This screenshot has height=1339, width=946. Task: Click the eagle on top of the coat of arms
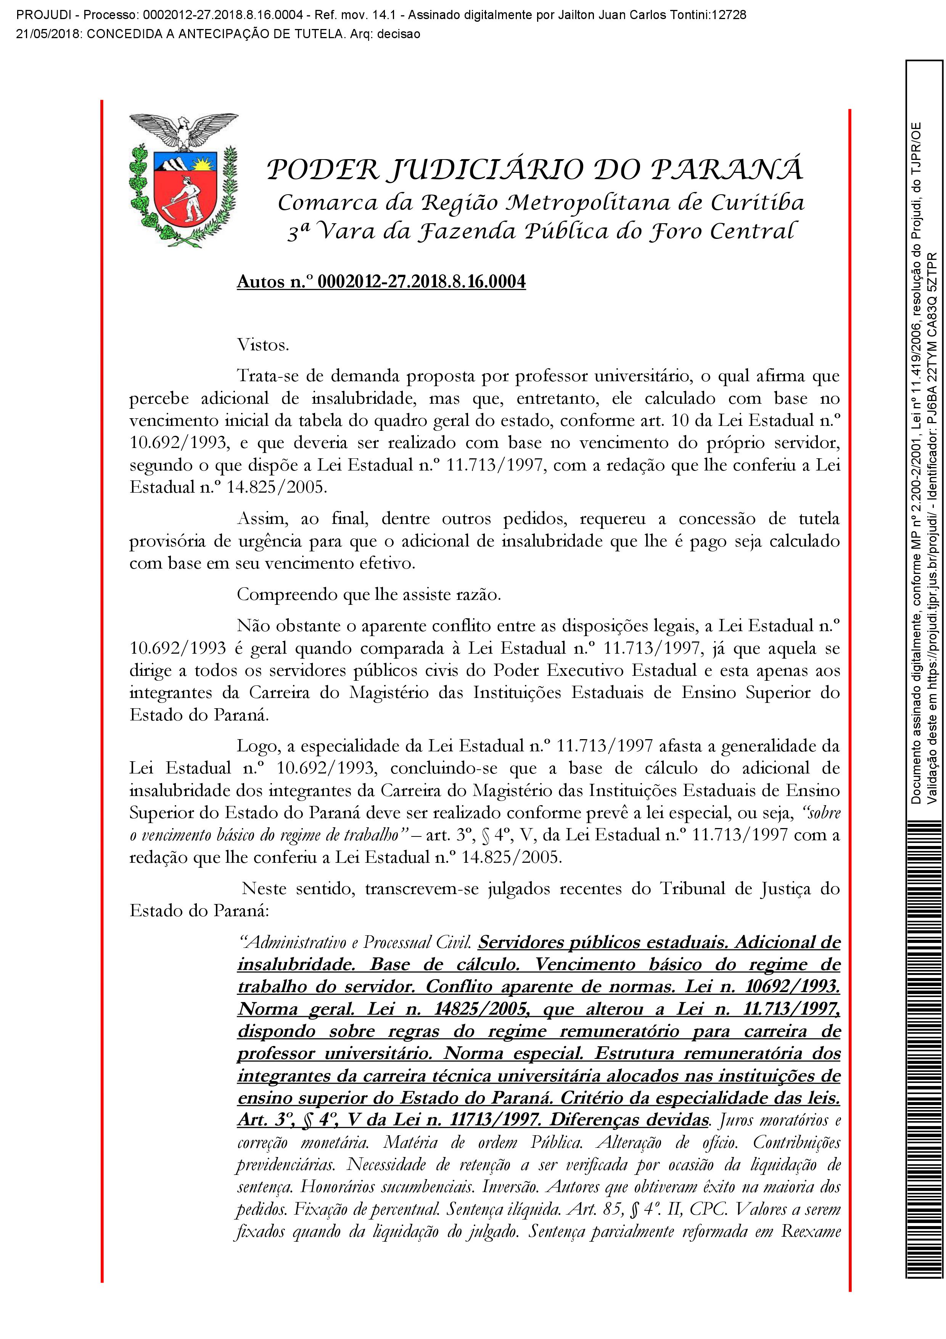click(183, 129)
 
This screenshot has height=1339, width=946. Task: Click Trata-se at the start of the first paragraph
click(266, 377)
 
